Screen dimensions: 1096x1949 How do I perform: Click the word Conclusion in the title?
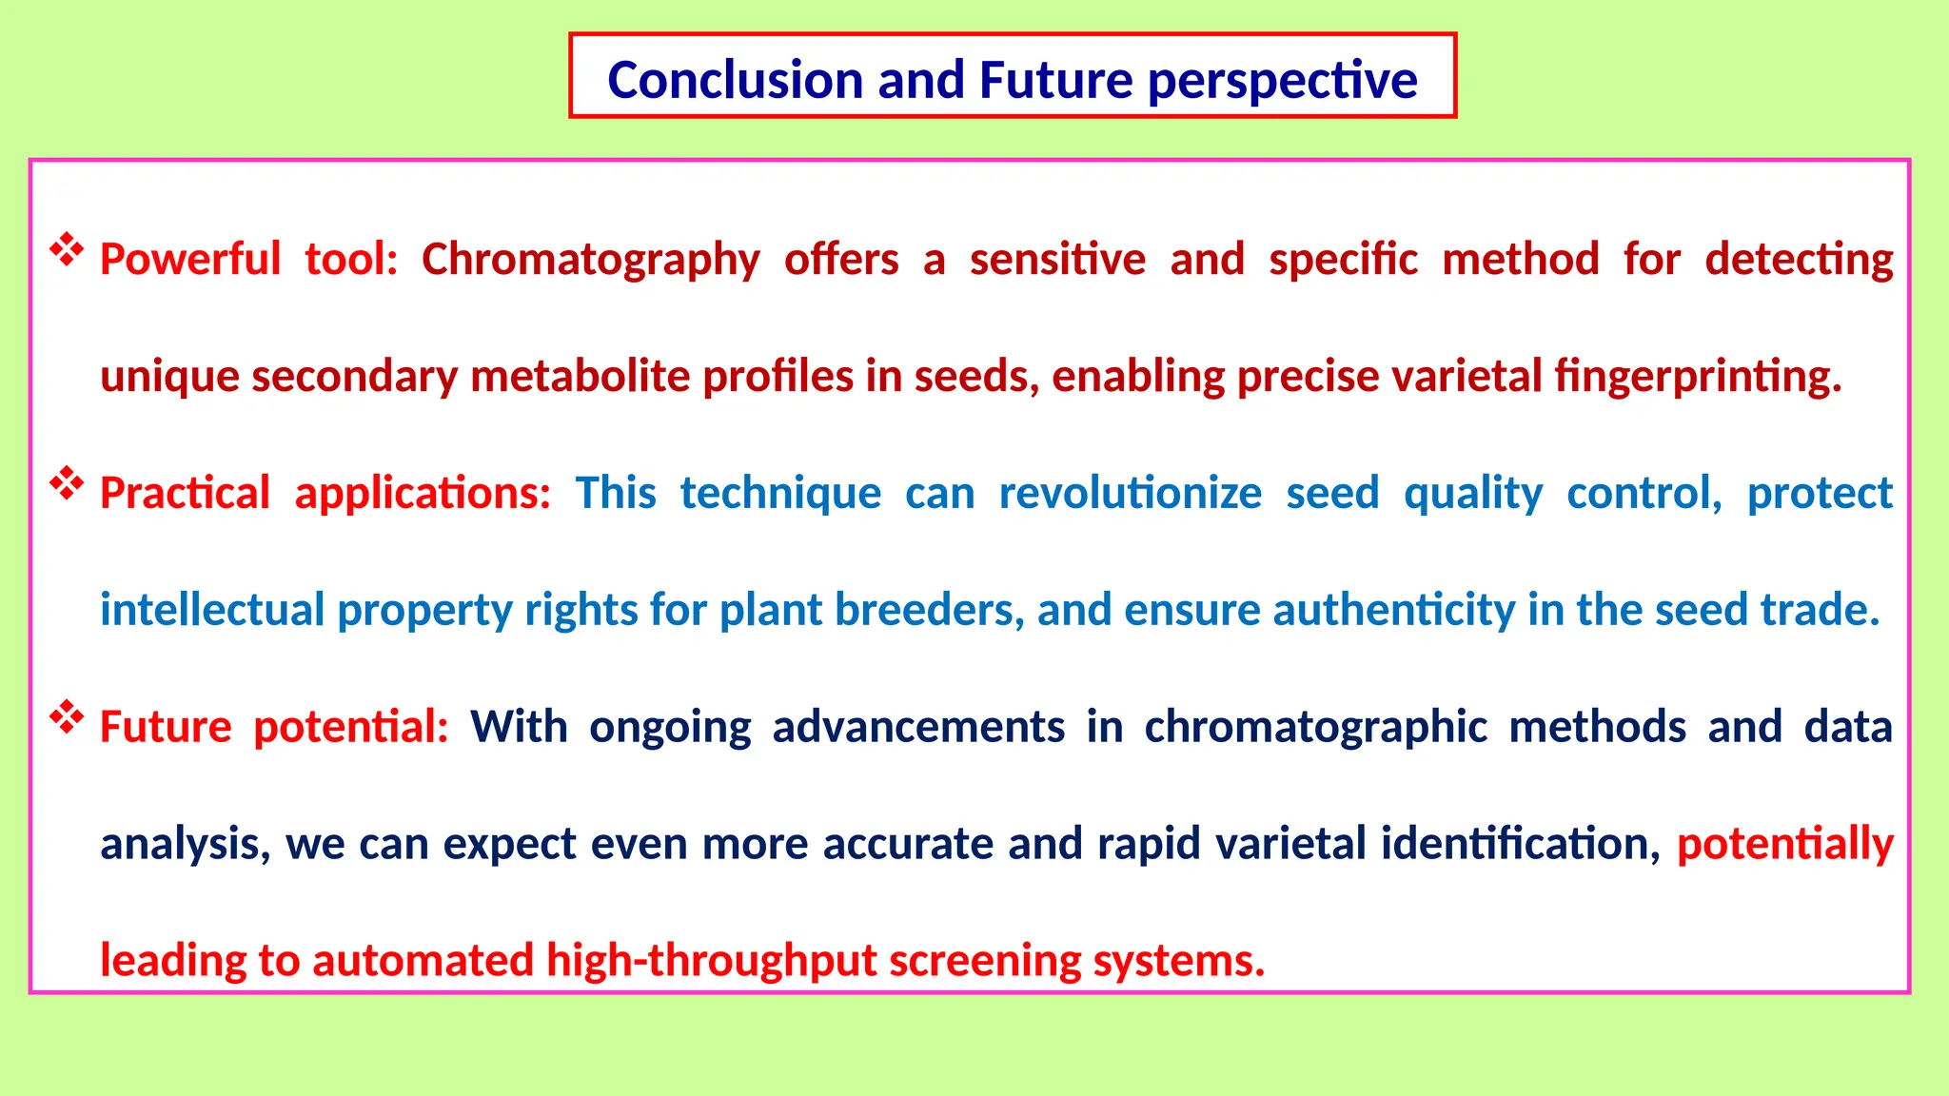coord(736,80)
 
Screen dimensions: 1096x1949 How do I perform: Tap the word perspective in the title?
coord(1282,80)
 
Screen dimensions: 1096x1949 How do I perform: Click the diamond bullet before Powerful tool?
coord(67,250)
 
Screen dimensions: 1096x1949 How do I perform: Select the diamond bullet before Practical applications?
coord(67,483)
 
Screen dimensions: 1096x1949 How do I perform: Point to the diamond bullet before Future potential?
coord(67,717)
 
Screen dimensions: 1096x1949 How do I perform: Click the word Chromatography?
coord(590,260)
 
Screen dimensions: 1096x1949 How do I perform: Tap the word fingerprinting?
coord(1697,377)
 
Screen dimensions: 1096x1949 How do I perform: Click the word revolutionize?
coord(1130,493)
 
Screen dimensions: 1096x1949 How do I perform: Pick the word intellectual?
coord(212,610)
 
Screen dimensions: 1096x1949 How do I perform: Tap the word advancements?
coord(917,727)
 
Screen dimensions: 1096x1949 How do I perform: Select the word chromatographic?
coord(1314,727)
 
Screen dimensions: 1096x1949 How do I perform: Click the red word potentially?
coord(1784,844)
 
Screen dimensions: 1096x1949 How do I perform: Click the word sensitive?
coord(1057,260)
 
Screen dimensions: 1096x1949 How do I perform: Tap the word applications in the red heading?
coord(422,493)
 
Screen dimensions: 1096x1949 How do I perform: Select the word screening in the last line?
coord(984,960)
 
